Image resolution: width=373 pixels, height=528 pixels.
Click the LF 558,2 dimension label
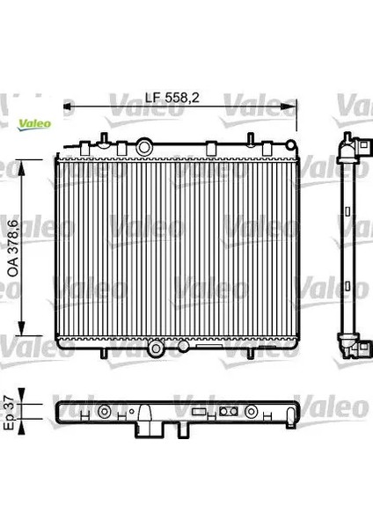pyautogui.click(x=172, y=98)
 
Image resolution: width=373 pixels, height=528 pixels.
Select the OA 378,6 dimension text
pyautogui.click(x=13, y=248)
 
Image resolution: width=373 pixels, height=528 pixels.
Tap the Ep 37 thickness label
pyautogui.click(x=10, y=413)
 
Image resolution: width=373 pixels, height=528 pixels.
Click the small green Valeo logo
pyautogui.click(x=34, y=125)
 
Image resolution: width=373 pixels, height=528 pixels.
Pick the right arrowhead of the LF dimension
pyautogui.click(x=289, y=106)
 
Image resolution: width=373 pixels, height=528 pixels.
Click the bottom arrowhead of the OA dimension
pyautogui.click(x=21, y=328)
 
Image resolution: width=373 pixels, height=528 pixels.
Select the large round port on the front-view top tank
pyautogui.click(x=144, y=147)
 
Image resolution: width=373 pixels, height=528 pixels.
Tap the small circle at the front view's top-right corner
pyautogui.click(x=290, y=145)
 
